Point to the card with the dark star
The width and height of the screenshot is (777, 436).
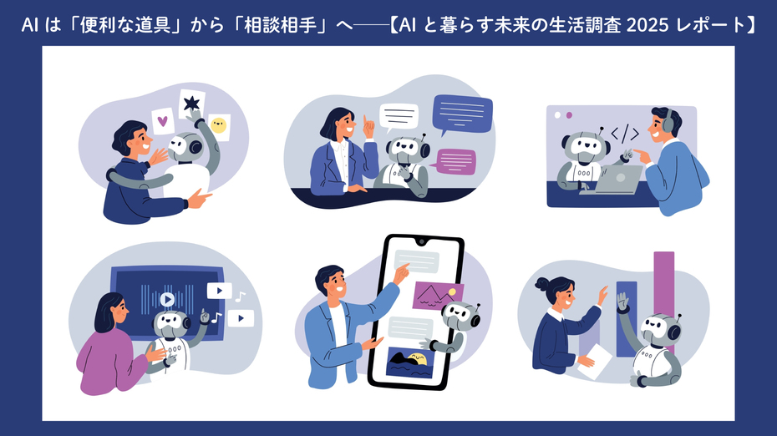click(193, 104)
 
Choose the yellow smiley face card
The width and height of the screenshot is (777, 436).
click(219, 126)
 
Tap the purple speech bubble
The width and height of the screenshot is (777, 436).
click(456, 160)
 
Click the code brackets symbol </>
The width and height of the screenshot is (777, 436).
click(624, 134)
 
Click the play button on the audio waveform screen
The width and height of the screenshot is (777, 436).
click(167, 298)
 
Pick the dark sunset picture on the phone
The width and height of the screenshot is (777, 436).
click(410, 362)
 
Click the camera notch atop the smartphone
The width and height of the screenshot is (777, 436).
click(422, 241)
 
